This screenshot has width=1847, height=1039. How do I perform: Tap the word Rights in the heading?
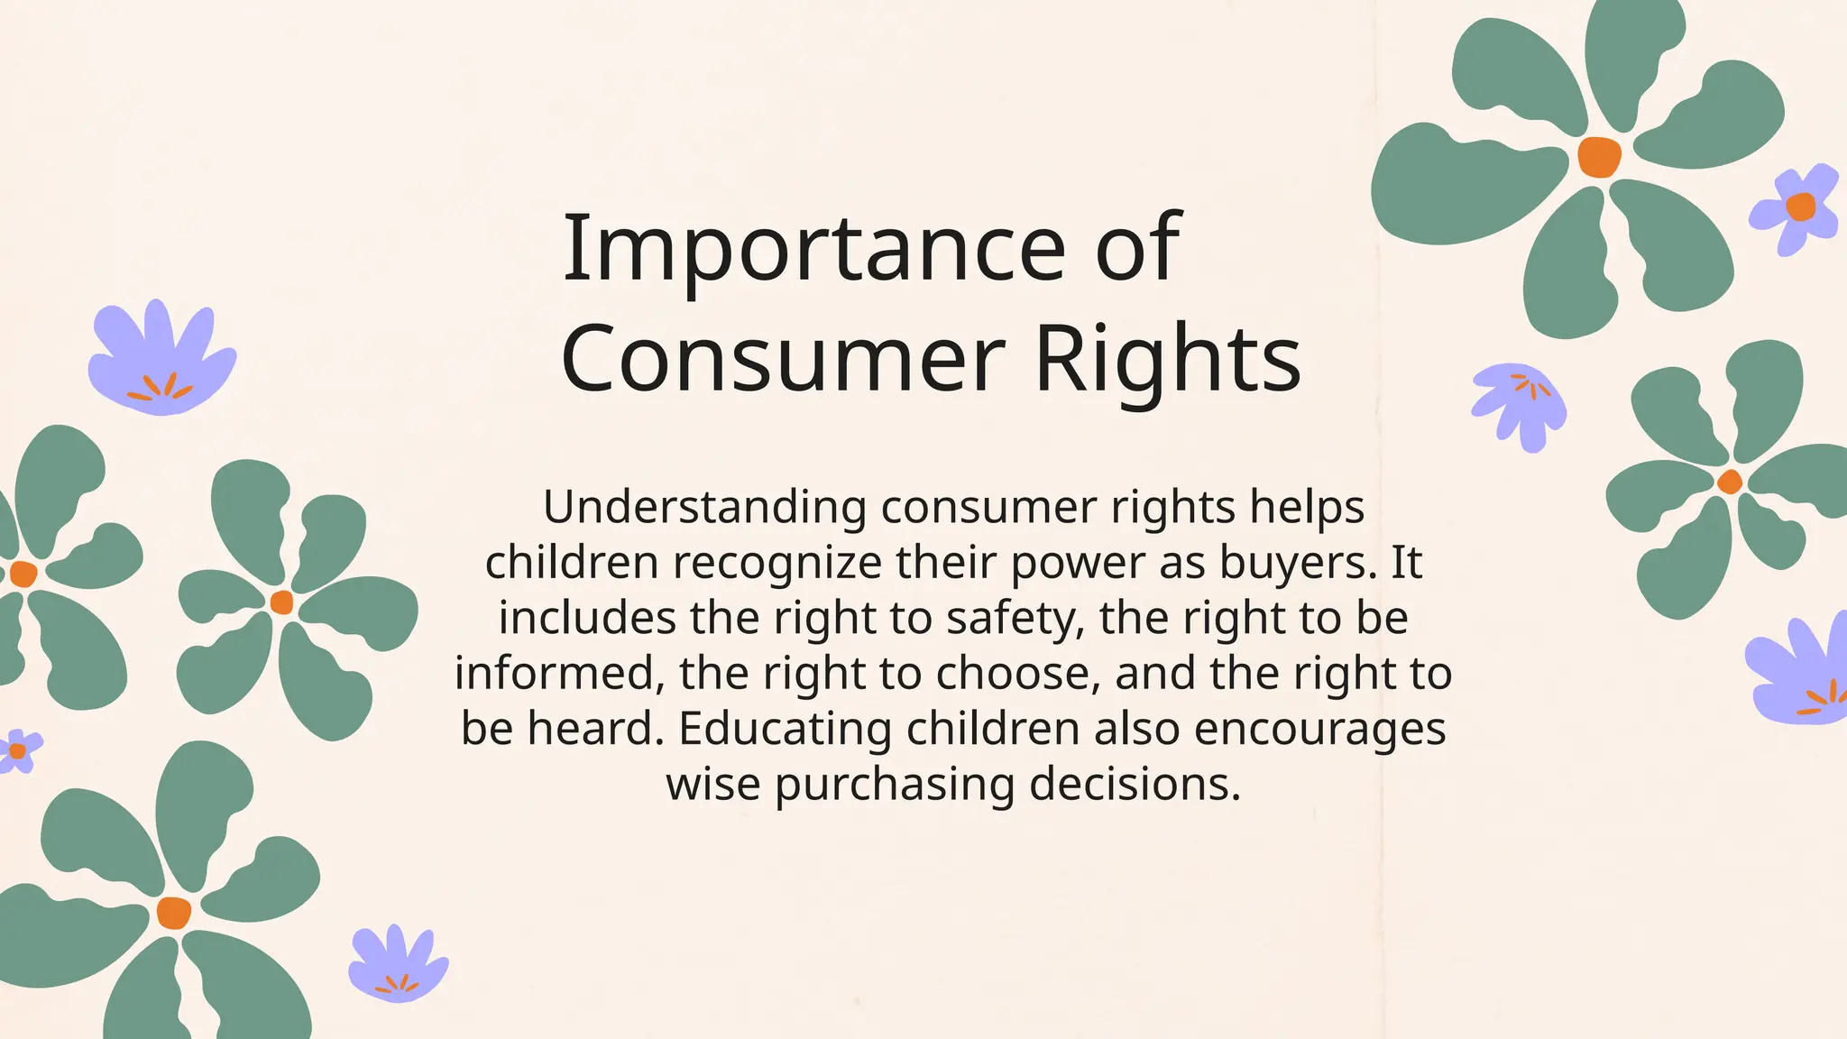[1168, 359]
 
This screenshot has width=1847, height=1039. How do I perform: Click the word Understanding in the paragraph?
[704, 508]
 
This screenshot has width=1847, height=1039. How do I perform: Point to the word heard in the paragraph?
[595, 729]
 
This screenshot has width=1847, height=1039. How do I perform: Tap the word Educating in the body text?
[785, 729]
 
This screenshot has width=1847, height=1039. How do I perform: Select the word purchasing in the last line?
[895, 785]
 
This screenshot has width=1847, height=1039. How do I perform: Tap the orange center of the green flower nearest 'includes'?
[281, 602]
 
